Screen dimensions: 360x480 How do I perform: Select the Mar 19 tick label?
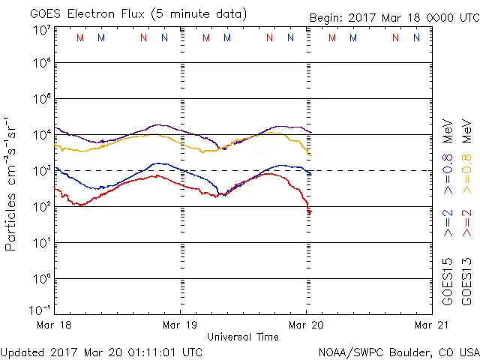click(x=180, y=325)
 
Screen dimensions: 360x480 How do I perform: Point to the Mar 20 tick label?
click(x=306, y=325)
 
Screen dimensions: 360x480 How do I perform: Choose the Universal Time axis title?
click(x=242, y=337)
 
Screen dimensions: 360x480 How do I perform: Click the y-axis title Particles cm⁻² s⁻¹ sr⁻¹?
click(x=12, y=183)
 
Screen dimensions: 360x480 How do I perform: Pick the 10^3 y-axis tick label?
click(x=40, y=171)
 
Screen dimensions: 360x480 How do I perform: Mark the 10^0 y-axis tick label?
click(x=40, y=279)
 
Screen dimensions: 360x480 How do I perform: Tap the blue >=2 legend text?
click(x=448, y=223)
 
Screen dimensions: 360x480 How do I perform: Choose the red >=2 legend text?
click(x=466, y=223)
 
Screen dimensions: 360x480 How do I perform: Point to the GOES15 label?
click(x=448, y=281)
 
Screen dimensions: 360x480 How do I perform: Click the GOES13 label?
click(x=466, y=281)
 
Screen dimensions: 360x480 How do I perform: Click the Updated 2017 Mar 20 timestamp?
click(x=101, y=352)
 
